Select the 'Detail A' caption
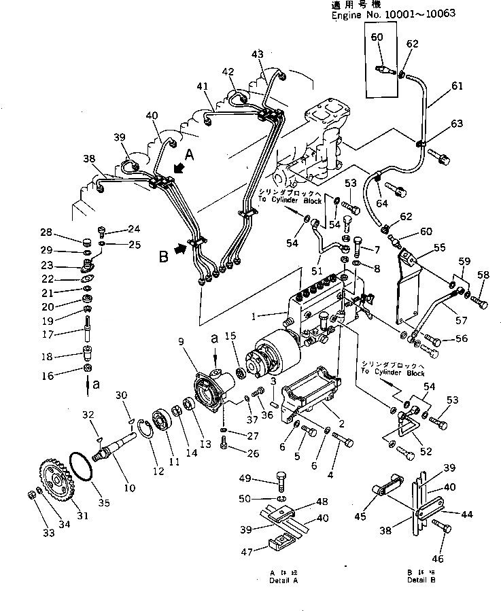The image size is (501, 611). (282, 581)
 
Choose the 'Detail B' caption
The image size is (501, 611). (422, 581)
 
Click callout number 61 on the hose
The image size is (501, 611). (457, 86)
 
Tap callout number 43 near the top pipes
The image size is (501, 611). (258, 54)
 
